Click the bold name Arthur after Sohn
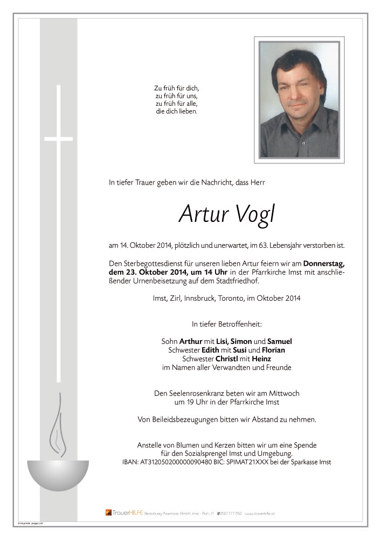click(x=190, y=341)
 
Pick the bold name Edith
click(x=210, y=350)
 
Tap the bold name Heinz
click(x=260, y=359)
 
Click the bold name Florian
click(x=273, y=350)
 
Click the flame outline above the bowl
click(x=56, y=426)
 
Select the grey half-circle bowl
click(x=58, y=473)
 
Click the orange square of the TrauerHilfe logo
click(x=108, y=512)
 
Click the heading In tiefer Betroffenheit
click(x=226, y=324)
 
